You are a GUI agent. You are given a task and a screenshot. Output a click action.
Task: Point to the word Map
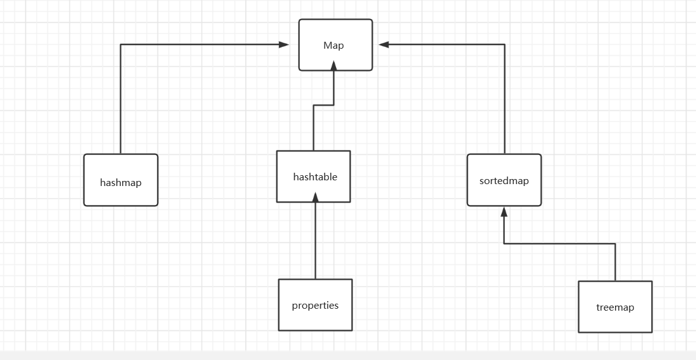point(333,46)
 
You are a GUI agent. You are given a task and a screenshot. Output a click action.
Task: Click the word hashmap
point(121,183)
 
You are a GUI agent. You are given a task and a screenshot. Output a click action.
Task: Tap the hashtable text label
point(315,177)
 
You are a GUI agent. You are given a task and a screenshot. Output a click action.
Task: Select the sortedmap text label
point(504,181)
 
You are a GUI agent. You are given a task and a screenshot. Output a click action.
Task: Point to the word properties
point(315,306)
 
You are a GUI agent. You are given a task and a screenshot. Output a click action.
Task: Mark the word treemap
point(615,307)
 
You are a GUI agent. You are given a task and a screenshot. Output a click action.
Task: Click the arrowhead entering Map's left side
point(284,44)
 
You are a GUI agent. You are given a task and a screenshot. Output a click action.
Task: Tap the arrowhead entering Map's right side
point(384,44)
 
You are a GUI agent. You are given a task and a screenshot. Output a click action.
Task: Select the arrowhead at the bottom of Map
point(334,66)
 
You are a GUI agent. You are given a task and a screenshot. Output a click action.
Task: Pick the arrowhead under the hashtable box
point(315,197)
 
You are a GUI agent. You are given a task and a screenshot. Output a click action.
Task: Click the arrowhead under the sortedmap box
point(504,212)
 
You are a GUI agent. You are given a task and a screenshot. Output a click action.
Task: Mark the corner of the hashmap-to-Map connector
point(121,44)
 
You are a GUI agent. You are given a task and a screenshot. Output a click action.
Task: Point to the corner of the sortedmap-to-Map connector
point(504,44)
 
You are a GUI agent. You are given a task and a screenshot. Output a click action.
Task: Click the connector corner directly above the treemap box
point(615,244)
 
